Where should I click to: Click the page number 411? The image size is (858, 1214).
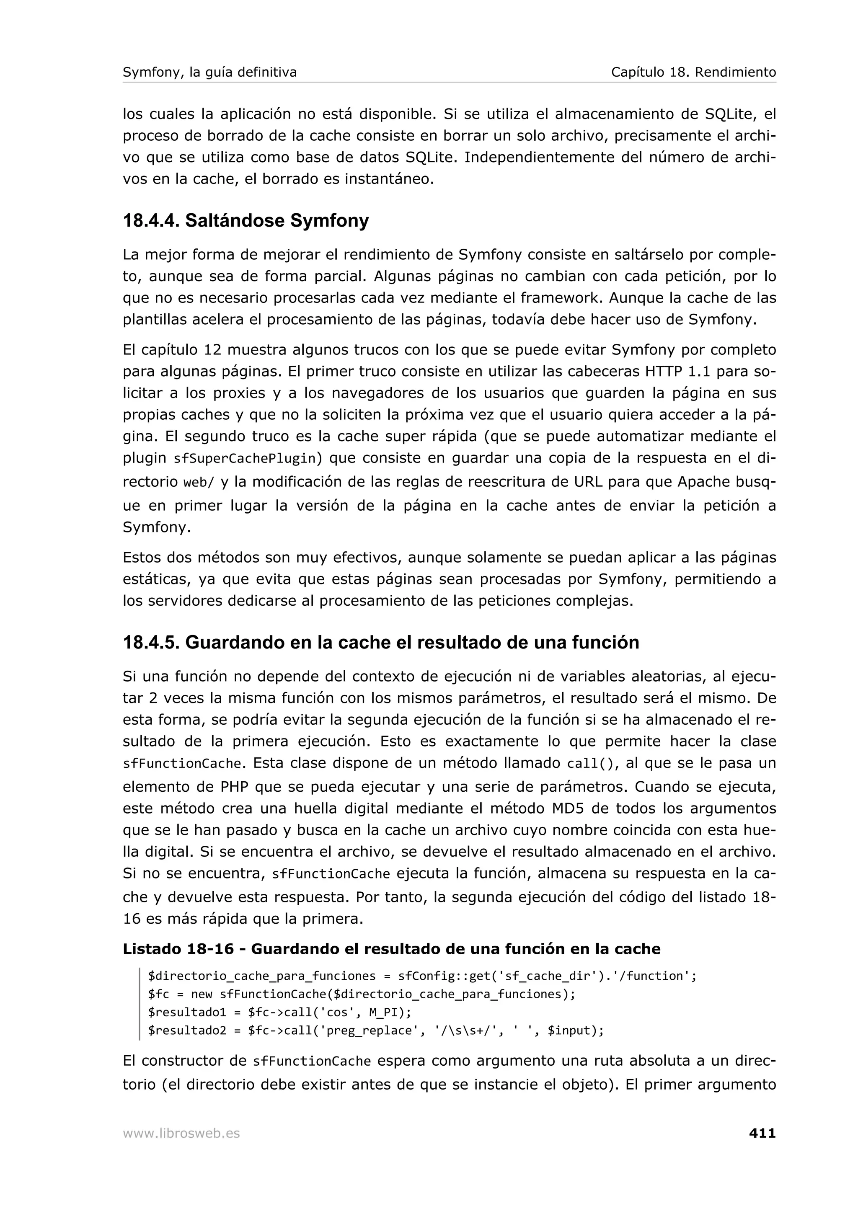click(762, 1133)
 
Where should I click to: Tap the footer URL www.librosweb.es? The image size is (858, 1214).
click(181, 1134)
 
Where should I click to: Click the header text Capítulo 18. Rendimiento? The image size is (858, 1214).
click(693, 72)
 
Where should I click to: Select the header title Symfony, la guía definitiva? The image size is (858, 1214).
click(209, 72)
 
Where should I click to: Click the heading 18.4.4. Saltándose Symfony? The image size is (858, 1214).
click(246, 220)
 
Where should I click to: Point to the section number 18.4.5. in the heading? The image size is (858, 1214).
click(151, 643)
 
